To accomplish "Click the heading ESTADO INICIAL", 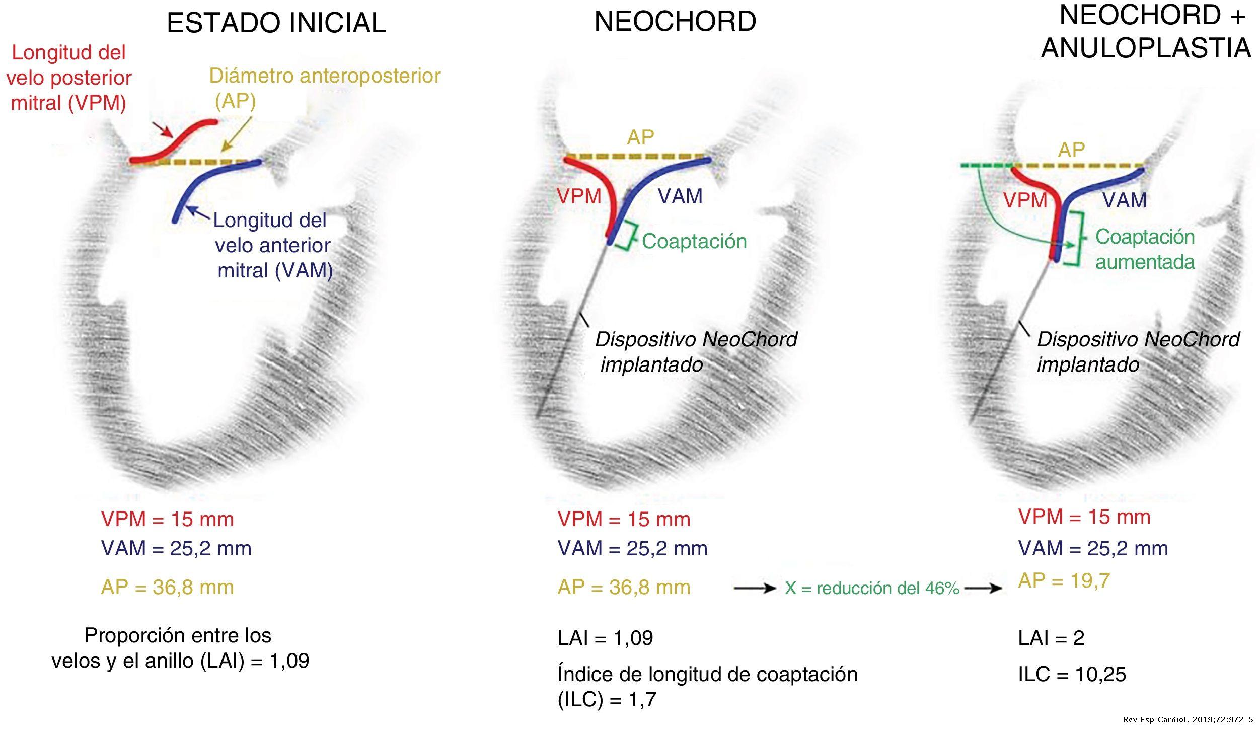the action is pyautogui.click(x=276, y=23).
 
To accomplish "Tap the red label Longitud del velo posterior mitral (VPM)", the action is pyautogui.click(x=69, y=78).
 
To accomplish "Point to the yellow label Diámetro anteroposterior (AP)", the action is pyautogui.click(x=325, y=88).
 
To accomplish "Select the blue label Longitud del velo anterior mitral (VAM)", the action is pyautogui.click(x=273, y=245).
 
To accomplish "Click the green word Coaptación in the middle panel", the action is pyautogui.click(x=694, y=241).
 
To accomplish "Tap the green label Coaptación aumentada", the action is pyautogui.click(x=1145, y=249).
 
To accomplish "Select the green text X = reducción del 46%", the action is pyautogui.click(x=872, y=588).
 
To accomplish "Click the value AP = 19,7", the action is pyautogui.click(x=1064, y=580).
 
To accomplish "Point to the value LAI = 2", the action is pyautogui.click(x=1051, y=638).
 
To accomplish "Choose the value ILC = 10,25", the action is pyautogui.click(x=1072, y=674).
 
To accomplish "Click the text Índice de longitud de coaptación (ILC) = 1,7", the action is pyautogui.click(x=707, y=687).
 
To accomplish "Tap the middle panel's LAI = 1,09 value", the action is pyautogui.click(x=605, y=638).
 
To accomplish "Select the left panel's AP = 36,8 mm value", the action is pyautogui.click(x=168, y=587).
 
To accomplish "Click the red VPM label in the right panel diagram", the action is pyautogui.click(x=1025, y=200).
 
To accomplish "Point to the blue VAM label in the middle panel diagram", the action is pyautogui.click(x=680, y=196).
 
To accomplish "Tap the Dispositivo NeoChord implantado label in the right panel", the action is pyautogui.click(x=1138, y=352).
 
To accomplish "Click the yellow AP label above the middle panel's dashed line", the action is pyautogui.click(x=640, y=137).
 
